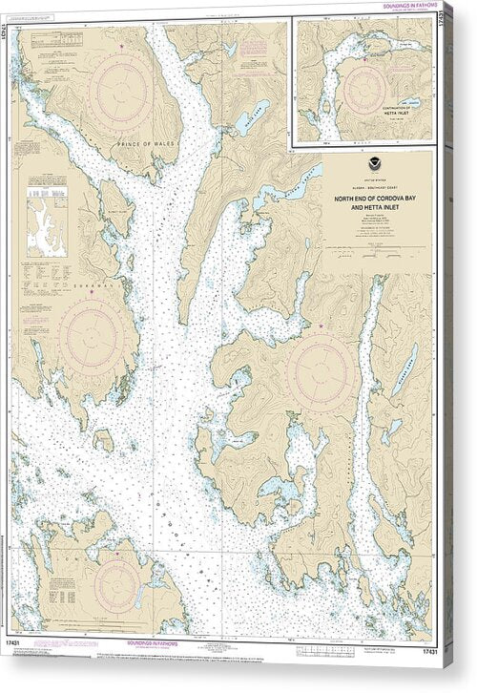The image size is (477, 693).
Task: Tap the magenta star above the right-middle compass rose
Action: point(321,327)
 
